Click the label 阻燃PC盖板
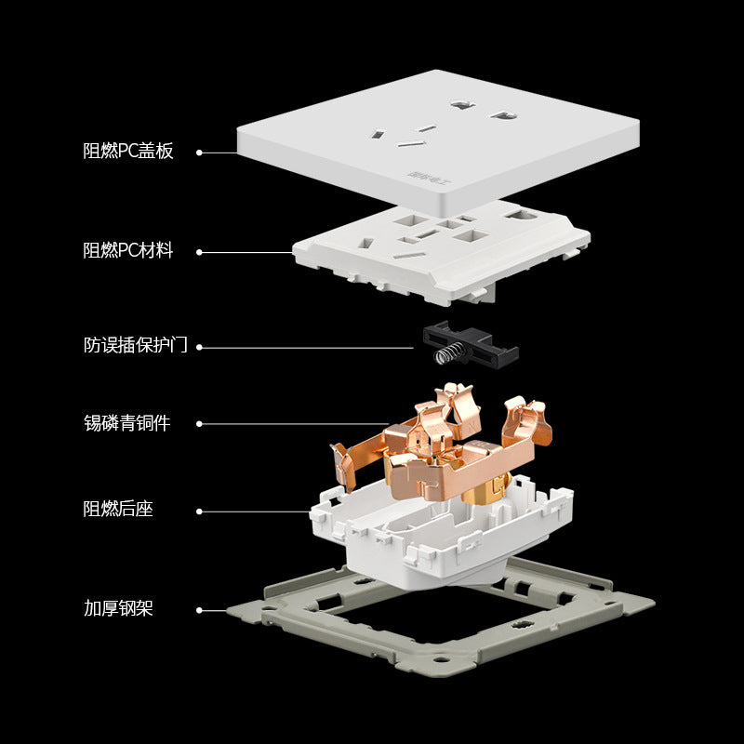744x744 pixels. (x=128, y=152)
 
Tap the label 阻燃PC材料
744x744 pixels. (x=128, y=251)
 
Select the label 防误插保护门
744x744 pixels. (x=136, y=346)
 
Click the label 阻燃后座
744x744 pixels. (x=118, y=510)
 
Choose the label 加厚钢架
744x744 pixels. (x=118, y=610)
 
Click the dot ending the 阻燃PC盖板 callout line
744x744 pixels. (x=199, y=152)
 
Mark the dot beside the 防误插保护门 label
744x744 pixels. (x=199, y=347)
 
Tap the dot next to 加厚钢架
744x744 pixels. (x=199, y=611)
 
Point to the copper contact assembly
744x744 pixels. (x=437, y=446)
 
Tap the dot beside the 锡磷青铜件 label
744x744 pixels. (x=199, y=424)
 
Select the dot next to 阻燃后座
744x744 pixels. (x=199, y=511)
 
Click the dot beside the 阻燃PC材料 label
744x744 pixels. (x=199, y=252)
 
